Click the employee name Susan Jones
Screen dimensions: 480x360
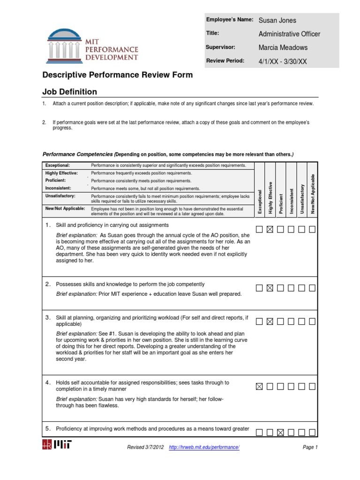(277, 20)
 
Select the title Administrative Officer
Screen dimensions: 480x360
(289, 34)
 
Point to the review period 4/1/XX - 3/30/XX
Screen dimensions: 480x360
(283, 61)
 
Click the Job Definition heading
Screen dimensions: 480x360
(70, 92)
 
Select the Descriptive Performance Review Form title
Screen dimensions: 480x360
(118, 75)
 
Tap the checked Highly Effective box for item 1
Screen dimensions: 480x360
(270, 229)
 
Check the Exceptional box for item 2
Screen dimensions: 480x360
(259, 288)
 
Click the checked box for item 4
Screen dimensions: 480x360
(259, 387)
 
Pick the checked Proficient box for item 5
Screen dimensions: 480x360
(280, 432)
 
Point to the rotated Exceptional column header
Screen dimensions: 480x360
(260, 202)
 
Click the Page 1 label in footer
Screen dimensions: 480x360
(310, 447)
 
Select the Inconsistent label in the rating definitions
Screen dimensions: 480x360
(58, 188)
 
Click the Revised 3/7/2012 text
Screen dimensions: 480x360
(145, 447)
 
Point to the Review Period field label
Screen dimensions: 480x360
(225, 60)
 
